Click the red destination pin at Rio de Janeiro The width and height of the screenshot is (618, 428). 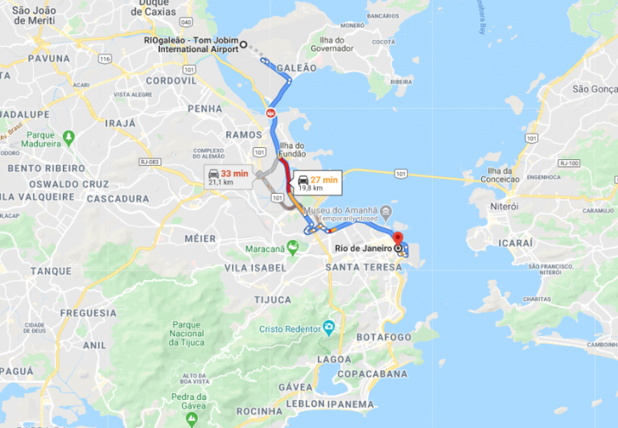tap(396, 239)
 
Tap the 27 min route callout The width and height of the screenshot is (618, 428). tap(317, 183)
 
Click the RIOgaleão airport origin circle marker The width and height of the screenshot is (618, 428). tap(244, 44)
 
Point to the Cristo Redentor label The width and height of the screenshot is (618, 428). tap(290, 328)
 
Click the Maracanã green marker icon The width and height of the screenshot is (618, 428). tap(293, 248)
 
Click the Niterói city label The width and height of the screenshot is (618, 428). tap(504, 207)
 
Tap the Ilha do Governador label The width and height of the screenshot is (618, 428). tap(332, 43)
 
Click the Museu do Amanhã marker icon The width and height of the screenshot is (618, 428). tap(385, 212)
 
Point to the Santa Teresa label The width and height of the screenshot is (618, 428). tap(364, 267)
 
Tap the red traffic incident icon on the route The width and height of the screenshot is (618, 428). tap(271, 113)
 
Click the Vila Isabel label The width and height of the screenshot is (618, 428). tap(255, 267)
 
